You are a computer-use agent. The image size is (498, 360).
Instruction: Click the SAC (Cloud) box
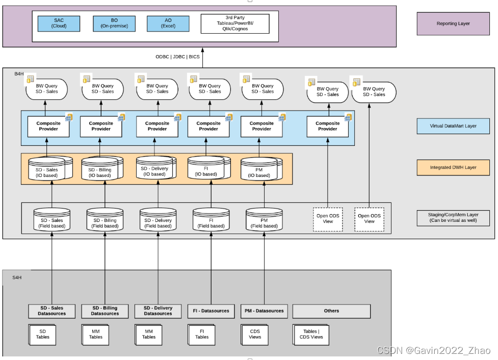pyautogui.click(x=59, y=23)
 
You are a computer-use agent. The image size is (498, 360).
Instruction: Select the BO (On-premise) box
pyautogui.click(x=114, y=23)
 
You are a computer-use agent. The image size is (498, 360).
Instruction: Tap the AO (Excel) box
pyautogui.click(x=168, y=23)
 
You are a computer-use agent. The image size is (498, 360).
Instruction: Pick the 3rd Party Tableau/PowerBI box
pyautogui.click(x=235, y=24)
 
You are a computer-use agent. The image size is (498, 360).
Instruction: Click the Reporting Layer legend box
pyautogui.click(x=453, y=23)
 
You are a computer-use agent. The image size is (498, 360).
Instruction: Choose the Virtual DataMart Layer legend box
pyautogui.click(x=453, y=126)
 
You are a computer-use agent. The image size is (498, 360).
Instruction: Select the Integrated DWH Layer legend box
pyautogui.click(x=453, y=167)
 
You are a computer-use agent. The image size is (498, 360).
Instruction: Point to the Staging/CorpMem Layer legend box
pyautogui.click(x=453, y=218)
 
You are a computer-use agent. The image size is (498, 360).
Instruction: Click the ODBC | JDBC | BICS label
pyautogui.click(x=178, y=57)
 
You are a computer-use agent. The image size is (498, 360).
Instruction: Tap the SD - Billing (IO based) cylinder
pyautogui.click(x=100, y=170)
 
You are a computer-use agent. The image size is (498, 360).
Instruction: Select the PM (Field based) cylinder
pyautogui.click(x=265, y=220)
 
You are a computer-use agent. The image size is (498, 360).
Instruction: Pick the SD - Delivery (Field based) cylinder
pyautogui.click(x=158, y=220)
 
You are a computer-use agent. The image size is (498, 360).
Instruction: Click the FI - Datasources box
pyautogui.click(x=211, y=311)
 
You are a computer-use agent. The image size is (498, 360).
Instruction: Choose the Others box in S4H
pyautogui.click(x=331, y=311)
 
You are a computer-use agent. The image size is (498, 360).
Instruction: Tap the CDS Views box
pyautogui.click(x=255, y=334)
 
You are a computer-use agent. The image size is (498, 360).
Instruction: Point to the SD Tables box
pyautogui.click(x=43, y=334)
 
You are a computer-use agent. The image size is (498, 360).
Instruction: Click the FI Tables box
pyautogui.click(x=202, y=334)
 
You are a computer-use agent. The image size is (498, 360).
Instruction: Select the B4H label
pyautogui.click(x=19, y=74)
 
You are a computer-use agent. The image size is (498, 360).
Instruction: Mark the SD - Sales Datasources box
pyautogui.click(x=51, y=311)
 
